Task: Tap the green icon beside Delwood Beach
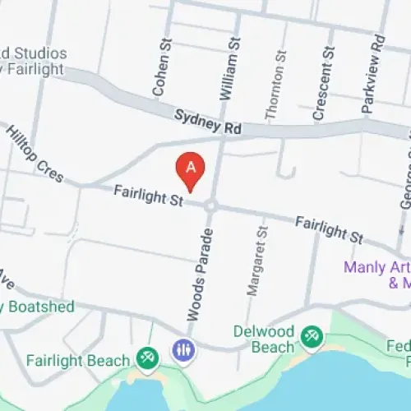click(x=311, y=335)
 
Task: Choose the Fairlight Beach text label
click(x=78, y=361)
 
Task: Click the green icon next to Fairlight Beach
click(x=148, y=356)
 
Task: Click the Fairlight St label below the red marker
click(x=147, y=196)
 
